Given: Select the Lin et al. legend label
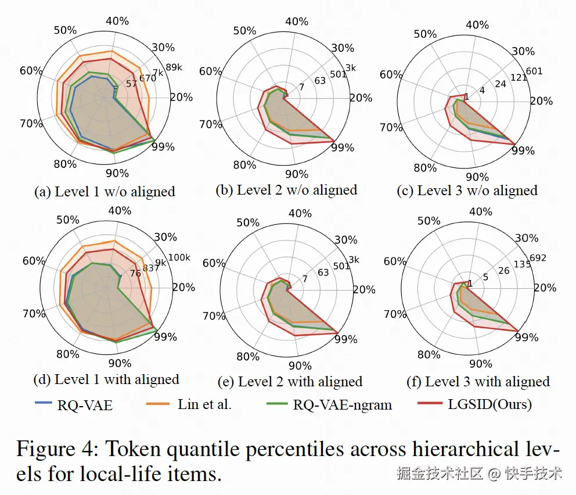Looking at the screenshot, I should [204, 404].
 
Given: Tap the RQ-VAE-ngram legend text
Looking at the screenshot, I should [342, 405].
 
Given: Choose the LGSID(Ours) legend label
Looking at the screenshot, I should [490, 404].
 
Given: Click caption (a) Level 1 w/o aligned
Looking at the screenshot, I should [105, 192].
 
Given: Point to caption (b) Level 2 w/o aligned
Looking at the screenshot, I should [286, 189].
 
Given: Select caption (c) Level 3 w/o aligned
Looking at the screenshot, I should [467, 190].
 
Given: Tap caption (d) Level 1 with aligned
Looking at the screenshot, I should [106, 380].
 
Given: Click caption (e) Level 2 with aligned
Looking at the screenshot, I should [290, 382].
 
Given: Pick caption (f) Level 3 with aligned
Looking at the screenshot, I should [478, 382].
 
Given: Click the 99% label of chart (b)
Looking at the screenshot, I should [343, 148].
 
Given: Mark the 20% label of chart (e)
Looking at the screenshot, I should [364, 290].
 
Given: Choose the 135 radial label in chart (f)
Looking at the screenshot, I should [522, 265].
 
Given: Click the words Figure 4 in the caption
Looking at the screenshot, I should [58, 450].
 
